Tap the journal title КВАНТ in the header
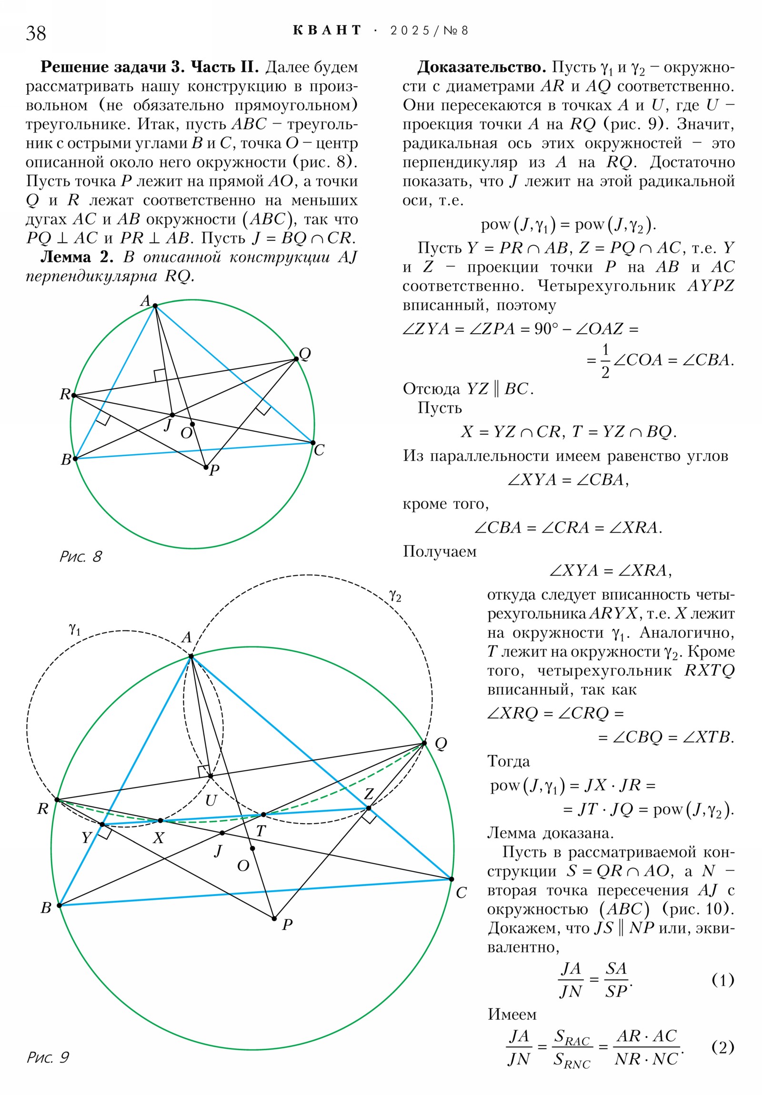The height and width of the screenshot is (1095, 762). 327,30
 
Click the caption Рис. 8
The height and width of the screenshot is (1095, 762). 80,557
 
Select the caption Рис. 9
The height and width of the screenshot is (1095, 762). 48,1057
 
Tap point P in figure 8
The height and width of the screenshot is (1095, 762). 206,467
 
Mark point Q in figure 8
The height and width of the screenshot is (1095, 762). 296,358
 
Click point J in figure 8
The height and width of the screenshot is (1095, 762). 173,415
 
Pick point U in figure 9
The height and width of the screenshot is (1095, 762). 211,776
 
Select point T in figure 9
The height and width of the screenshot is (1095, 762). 263,814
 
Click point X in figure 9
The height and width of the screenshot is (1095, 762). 160,820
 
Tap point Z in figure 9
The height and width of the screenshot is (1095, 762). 368,808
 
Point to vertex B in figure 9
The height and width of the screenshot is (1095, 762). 59,905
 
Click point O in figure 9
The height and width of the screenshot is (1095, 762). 252,848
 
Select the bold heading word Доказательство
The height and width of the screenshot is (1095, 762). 481,67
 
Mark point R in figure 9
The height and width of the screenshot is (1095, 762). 57,800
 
